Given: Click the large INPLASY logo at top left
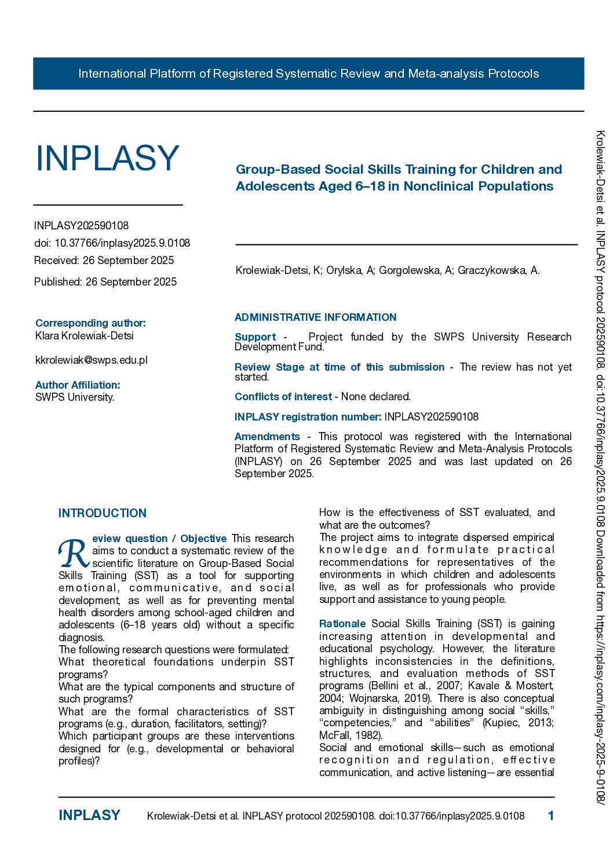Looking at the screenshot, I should (x=107, y=158).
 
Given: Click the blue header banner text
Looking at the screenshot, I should (x=308, y=74).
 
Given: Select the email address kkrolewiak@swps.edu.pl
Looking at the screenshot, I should (x=91, y=360).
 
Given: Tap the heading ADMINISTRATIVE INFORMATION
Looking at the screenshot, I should (x=315, y=317).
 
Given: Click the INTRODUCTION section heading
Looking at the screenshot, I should (x=103, y=513).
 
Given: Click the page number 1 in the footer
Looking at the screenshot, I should (x=550, y=816).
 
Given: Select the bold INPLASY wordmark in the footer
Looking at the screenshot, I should (x=89, y=815).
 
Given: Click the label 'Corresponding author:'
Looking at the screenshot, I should (x=90, y=323).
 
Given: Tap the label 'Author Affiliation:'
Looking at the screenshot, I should (x=78, y=385).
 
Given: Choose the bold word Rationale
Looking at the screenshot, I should (x=342, y=624).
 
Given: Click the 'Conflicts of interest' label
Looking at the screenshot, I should (x=283, y=397).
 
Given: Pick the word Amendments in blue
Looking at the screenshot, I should (x=267, y=437).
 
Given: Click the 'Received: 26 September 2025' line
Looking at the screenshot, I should (x=104, y=261).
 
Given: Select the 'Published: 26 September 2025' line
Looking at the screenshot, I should (x=105, y=282).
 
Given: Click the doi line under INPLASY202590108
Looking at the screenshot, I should (x=112, y=243).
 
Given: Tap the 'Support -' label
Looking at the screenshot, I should (x=260, y=337).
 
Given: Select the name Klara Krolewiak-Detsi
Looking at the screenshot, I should (x=84, y=336).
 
